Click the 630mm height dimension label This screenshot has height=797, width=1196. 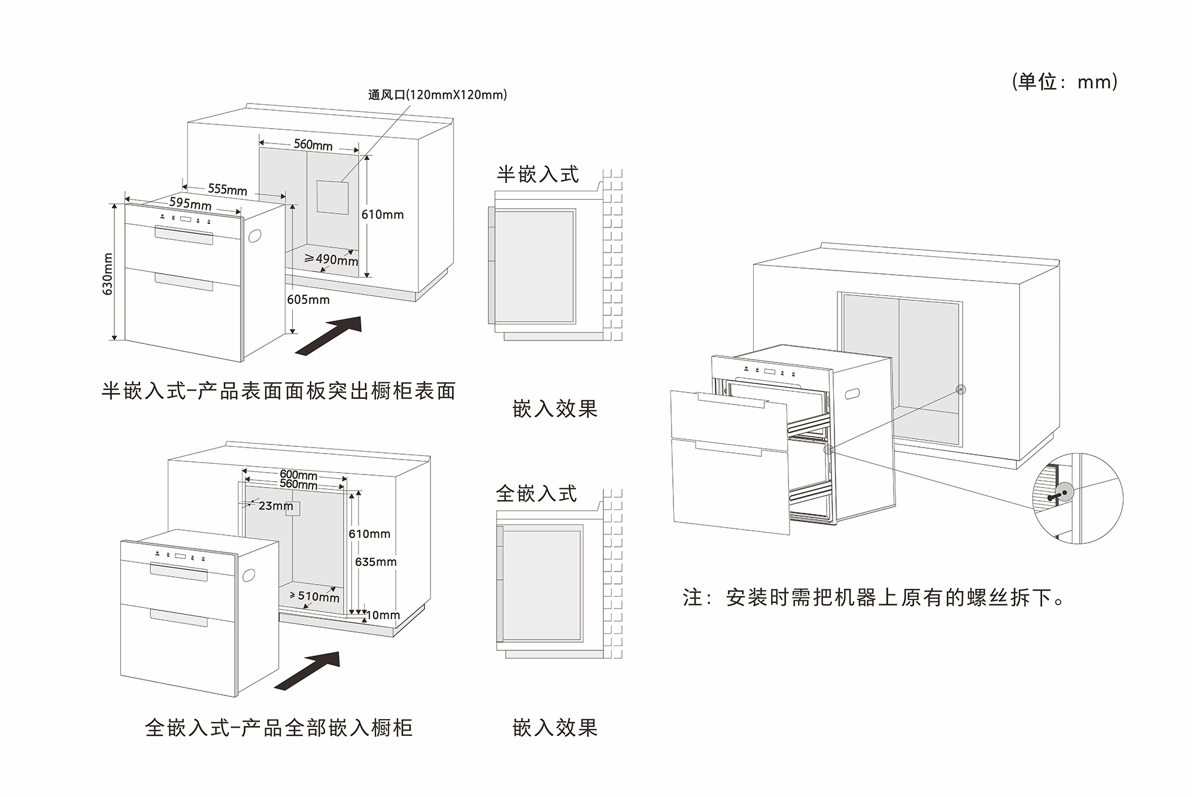[x=108, y=274]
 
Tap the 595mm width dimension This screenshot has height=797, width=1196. [x=190, y=203]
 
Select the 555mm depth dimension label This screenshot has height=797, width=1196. [x=227, y=190]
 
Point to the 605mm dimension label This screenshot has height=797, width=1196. [x=308, y=300]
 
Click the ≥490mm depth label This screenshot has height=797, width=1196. [x=331, y=259]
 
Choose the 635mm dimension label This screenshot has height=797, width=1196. [x=375, y=562]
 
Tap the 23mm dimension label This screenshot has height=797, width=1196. [x=275, y=506]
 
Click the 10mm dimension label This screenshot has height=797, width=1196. [x=383, y=615]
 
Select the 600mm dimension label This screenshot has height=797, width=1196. [x=298, y=475]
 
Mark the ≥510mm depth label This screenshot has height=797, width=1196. [x=314, y=597]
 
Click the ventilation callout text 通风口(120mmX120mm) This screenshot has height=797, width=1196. [x=437, y=95]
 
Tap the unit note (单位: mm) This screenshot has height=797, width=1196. [x=1064, y=82]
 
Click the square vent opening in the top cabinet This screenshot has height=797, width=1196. [x=332, y=196]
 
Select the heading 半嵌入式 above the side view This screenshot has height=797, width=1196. [x=538, y=175]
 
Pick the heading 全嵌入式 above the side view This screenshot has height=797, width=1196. [x=536, y=494]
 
